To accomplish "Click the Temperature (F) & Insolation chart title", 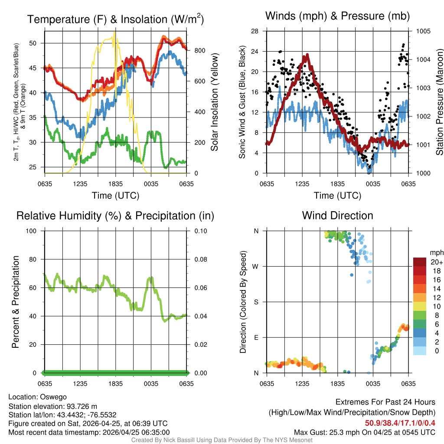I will coord(115,20).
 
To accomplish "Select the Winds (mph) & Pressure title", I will coord(337,16).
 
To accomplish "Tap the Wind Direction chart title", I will coord(337,215).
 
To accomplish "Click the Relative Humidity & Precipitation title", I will coord(115,215).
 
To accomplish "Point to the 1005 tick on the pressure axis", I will coord(423,31).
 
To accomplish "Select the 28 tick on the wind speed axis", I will coord(255,31).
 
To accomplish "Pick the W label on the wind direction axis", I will coord(256,266).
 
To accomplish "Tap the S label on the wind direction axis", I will coord(256,302).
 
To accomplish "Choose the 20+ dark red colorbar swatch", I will coord(421,262).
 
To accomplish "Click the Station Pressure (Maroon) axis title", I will coord(439,102).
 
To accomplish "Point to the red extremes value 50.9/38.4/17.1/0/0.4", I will coord(400,423).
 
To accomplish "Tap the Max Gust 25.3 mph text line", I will coord(364,432).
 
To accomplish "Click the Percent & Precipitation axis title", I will coord(15,302).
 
